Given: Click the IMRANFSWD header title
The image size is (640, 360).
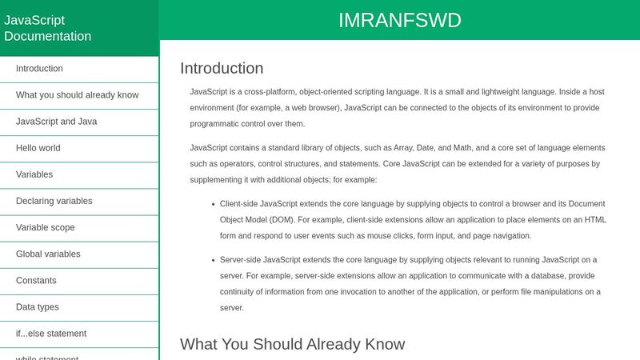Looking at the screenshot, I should coord(399,20).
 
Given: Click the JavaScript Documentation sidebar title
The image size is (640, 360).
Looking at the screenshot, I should coord(48,28).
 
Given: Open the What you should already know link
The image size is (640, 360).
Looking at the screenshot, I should coord(77,95).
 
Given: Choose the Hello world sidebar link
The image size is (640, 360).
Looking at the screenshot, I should coord(38,148).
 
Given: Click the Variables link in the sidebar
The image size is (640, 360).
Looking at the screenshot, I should coord(34,174).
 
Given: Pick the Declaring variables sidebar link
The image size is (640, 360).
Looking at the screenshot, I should coord(54,201).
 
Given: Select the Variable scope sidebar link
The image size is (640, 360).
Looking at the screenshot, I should coord(45,227).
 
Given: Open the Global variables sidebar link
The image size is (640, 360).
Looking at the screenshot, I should coord(48,254).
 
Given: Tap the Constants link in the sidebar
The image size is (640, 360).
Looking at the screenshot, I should coord(36,280).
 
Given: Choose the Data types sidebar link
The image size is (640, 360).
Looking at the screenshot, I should coord(37,306).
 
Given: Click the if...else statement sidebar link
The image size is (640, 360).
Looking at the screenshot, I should coord(51,333).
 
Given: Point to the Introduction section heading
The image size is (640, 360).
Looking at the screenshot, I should coord(222,68).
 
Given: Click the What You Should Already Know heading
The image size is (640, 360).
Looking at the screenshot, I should coord(292,344).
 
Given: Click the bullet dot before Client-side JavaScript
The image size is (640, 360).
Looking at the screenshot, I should coord(211,204).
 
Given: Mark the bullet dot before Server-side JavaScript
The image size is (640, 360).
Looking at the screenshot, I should coord(211,260).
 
